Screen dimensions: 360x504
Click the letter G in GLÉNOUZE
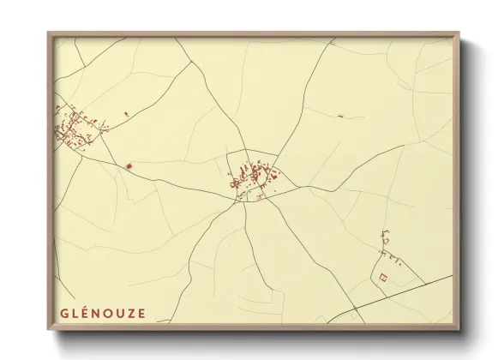(64, 313)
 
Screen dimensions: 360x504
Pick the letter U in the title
(118, 313)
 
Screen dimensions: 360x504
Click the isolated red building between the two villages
(130, 166)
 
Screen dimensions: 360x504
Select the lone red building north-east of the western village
(126, 112)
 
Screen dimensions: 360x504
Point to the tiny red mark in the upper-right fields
(340, 116)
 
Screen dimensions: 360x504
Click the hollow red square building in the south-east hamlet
(383, 276)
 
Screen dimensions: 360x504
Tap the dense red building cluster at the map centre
(253, 178)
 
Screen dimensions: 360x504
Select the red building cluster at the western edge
(73, 127)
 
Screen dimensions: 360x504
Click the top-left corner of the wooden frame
(49, 33)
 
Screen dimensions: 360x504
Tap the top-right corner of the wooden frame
(459, 33)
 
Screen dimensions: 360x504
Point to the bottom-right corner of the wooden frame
(459, 330)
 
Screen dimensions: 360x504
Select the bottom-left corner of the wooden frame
(49, 330)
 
